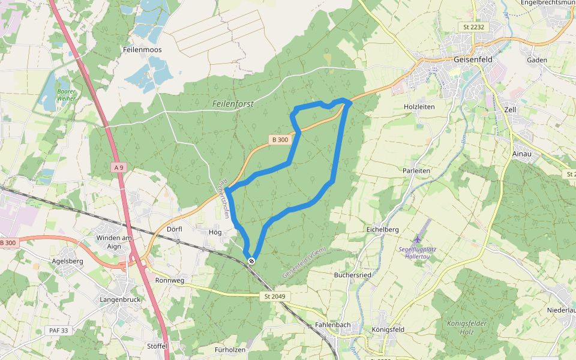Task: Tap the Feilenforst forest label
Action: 233,104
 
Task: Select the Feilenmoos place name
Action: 142,50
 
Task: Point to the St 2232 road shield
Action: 473,27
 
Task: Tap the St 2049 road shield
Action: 275,296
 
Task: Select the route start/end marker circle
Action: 251,260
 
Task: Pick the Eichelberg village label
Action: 382,230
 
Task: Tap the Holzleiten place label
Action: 419,107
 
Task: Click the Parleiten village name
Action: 417,170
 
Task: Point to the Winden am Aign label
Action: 113,242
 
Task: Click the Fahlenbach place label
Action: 332,325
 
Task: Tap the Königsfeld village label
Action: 388,329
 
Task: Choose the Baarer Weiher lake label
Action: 66,95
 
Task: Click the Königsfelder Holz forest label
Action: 466,328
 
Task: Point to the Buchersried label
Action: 352,275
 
